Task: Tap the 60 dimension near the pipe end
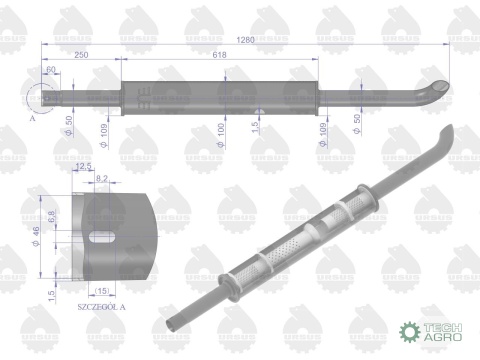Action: (51, 70)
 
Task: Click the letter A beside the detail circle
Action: (33, 116)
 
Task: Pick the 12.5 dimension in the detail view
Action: (84, 167)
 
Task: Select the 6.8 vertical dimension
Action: (50, 215)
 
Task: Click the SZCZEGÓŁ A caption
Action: (102, 312)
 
